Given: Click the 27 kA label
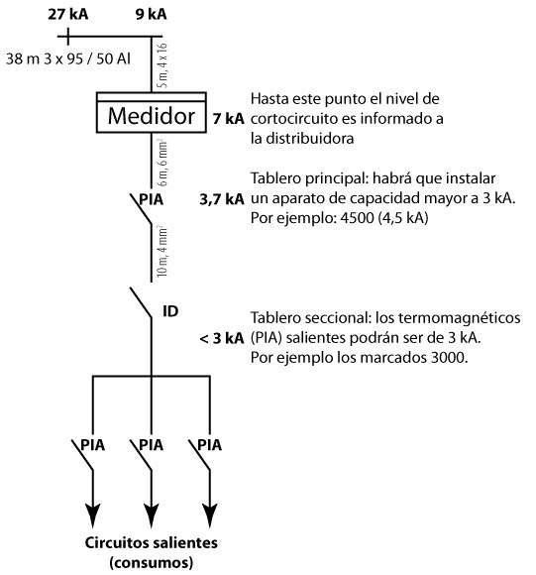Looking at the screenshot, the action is point(67,14).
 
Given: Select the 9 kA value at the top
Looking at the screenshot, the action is point(151,14).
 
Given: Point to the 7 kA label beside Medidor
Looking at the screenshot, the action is point(228,119).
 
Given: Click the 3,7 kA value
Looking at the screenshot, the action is point(222,199).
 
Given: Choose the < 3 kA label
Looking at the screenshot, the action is point(222,338).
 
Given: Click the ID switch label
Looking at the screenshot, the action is point(170,311).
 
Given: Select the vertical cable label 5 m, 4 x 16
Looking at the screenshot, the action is point(162,65).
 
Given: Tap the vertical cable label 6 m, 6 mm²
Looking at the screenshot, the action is point(162,162).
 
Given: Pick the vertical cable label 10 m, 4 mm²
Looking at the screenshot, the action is point(162,252).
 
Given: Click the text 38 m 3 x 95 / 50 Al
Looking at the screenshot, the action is point(68,58).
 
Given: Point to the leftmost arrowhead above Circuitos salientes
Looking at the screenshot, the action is point(93,516).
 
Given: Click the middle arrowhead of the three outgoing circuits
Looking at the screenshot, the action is point(152,516).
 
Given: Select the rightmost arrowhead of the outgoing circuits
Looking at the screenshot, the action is point(210,516).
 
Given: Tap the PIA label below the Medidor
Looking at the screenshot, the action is point(151,199).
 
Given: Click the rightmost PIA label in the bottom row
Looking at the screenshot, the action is point(210,445).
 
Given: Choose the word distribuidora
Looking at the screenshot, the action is point(309,138).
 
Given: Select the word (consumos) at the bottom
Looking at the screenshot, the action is point(151,562).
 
